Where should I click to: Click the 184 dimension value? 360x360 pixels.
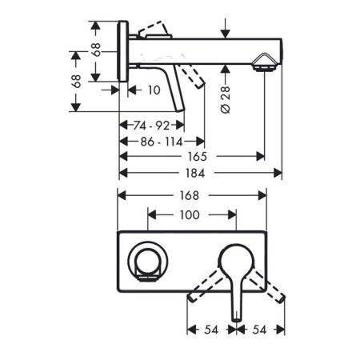click(x=195, y=174)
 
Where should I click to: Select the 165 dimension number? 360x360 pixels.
click(x=198, y=157)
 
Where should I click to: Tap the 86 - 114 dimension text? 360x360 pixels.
click(x=162, y=142)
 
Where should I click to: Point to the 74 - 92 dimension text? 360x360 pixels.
click(x=151, y=126)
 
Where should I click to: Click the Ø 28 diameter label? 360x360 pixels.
click(x=226, y=100)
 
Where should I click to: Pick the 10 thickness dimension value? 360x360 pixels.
click(x=154, y=90)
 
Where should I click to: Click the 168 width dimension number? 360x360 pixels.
click(x=190, y=195)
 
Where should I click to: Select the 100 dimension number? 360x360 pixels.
click(x=190, y=215)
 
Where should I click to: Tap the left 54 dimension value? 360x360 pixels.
click(x=211, y=330)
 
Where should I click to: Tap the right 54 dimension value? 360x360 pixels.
click(x=259, y=330)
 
